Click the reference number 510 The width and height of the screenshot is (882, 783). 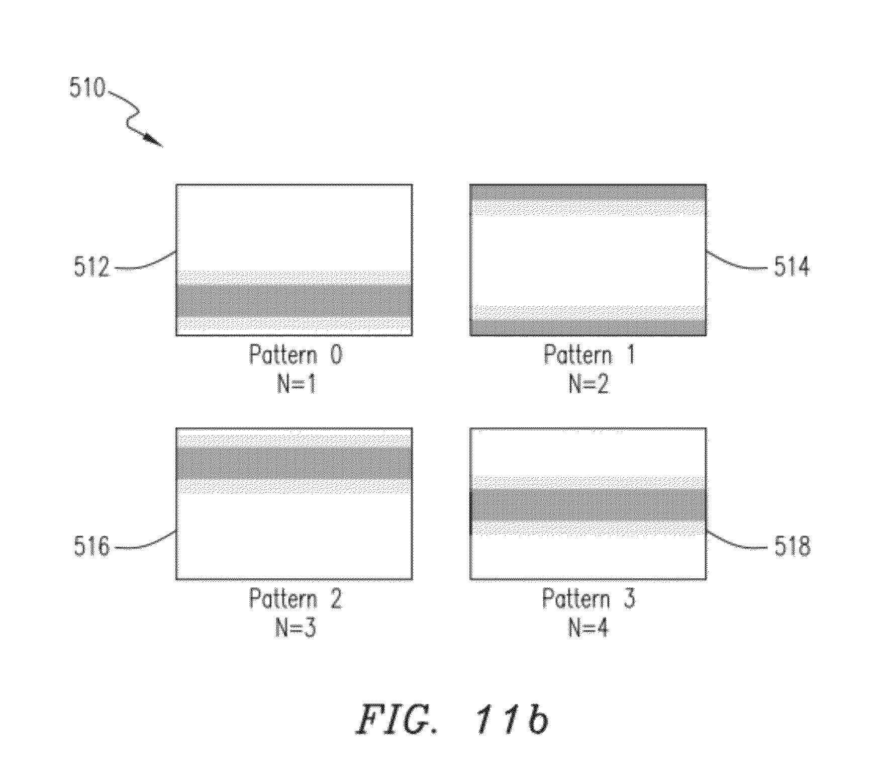click(87, 87)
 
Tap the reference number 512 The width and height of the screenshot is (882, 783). click(91, 266)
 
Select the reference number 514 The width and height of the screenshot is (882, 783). click(792, 266)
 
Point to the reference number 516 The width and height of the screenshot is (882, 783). click(91, 546)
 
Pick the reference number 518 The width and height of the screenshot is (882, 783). click(792, 546)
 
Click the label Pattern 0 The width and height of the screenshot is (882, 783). click(296, 355)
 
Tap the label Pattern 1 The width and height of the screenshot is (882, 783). click(590, 355)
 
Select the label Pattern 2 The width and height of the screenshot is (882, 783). click(296, 599)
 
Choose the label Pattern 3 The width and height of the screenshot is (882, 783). click(589, 599)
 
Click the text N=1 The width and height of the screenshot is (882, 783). click(296, 384)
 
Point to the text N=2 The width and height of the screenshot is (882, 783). click(589, 384)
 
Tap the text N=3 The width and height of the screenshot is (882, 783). click(296, 628)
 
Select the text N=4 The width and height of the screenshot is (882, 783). click(589, 628)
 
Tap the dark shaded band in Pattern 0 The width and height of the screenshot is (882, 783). click(294, 300)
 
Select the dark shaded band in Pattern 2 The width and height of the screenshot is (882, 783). click(294, 463)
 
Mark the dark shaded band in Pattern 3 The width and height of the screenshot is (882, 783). click(588, 504)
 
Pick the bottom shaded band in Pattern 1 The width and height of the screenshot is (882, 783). click(588, 320)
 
